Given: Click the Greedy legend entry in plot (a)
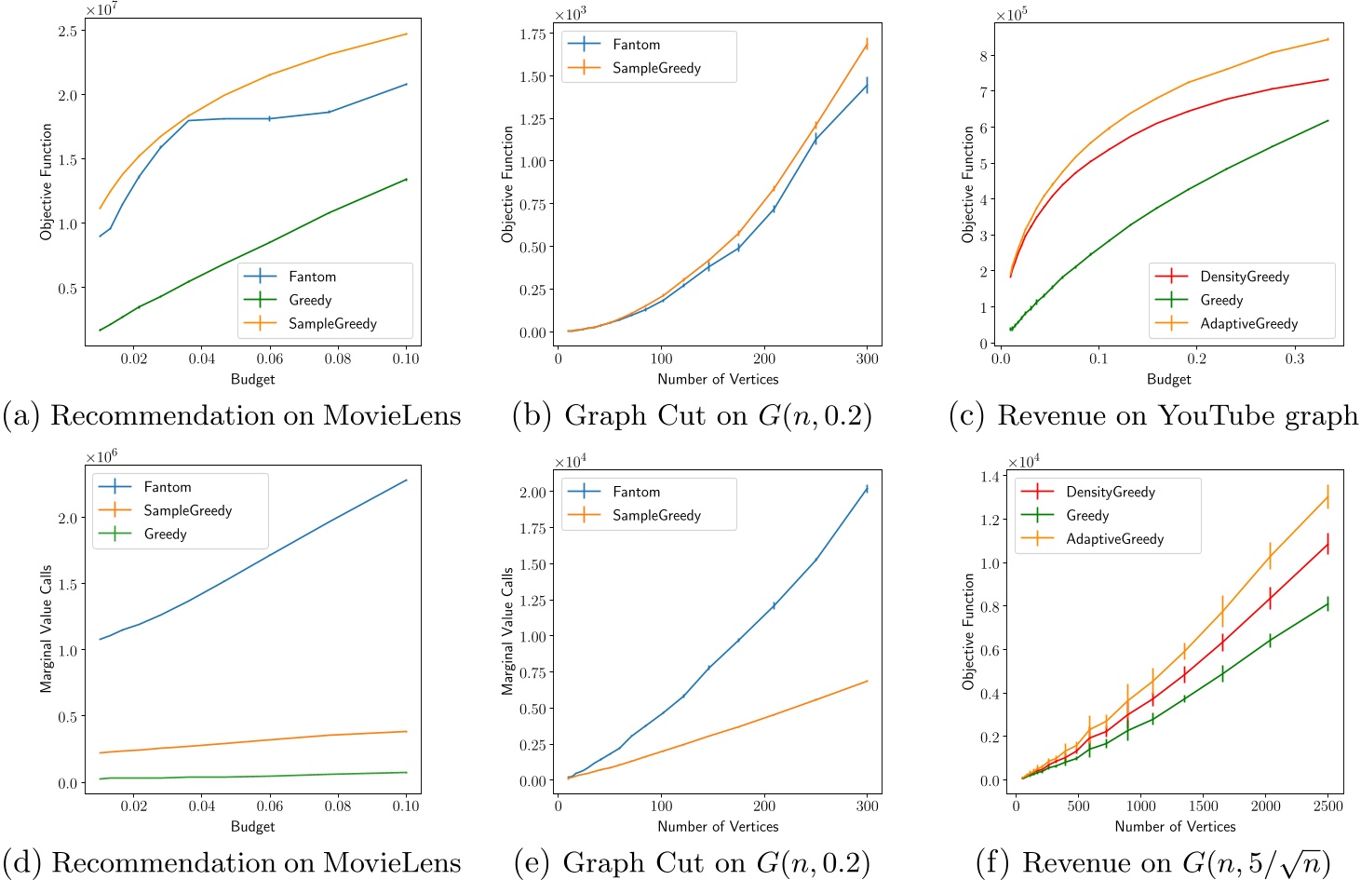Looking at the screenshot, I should point(310,300).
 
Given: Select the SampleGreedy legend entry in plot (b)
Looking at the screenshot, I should point(656,68).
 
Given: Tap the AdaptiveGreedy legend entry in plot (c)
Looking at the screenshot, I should point(1248,323).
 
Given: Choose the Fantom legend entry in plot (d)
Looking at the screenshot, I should point(168,487).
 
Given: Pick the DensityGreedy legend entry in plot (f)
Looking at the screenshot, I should point(1111,492).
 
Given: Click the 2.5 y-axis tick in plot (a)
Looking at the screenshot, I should point(67,31).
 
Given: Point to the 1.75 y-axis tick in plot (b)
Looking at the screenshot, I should point(532,34).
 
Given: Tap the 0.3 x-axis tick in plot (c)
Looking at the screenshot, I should point(1295,359).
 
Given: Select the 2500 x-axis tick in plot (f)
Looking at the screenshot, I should point(1327,806).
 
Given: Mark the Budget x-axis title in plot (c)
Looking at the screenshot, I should point(1168,379).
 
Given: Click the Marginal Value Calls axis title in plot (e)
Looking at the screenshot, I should point(507,631).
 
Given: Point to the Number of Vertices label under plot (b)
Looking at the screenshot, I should point(718,379).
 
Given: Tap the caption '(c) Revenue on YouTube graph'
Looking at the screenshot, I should point(1153,415).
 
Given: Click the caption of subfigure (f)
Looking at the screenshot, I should point(1153,862).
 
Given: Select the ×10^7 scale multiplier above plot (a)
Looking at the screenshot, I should point(101,9).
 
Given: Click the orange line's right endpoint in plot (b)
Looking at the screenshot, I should point(867,44).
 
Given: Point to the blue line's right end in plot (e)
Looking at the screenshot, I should point(867,488).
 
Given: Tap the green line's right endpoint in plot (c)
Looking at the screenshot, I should point(1327,120).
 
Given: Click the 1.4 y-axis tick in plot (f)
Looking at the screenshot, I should point(991,477).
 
